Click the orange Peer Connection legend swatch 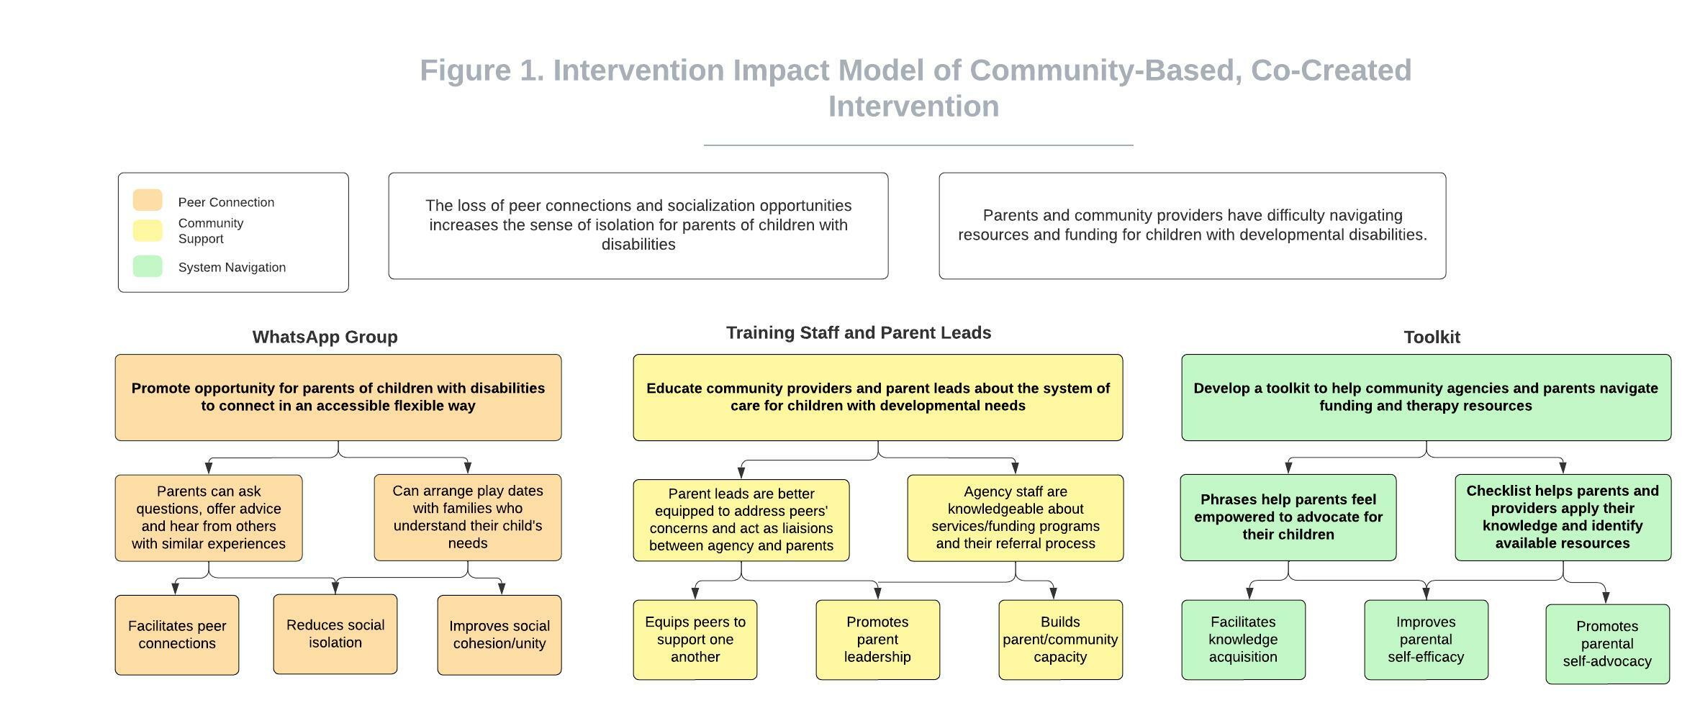click(x=148, y=200)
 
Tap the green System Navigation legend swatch click(x=148, y=266)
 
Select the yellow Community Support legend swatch click(x=148, y=230)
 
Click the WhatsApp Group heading click(x=325, y=337)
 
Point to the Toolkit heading click(x=1432, y=337)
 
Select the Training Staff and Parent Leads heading click(x=859, y=332)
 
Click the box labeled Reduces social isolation click(x=335, y=634)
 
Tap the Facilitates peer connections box click(x=177, y=635)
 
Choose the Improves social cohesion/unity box click(x=499, y=635)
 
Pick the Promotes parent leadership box click(x=878, y=640)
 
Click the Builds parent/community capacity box click(x=1061, y=640)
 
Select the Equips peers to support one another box click(x=695, y=640)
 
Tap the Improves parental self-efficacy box click(x=1427, y=640)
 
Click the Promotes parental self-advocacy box click(x=1608, y=644)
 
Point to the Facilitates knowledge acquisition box click(x=1244, y=640)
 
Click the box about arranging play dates click(x=468, y=517)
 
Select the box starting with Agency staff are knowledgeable click(x=1016, y=518)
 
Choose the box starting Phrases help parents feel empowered click(x=1288, y=517)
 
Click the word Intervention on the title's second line click(x=914, y=106)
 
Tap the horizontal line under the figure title click(x=918, y=145)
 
